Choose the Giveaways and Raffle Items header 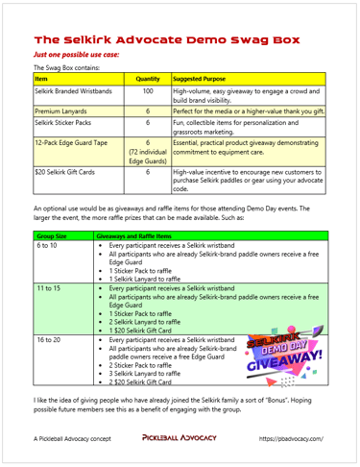click(x=134, y=233)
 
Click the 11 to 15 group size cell click(x=47, y=287)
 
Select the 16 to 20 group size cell click(x=47, y=340)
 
